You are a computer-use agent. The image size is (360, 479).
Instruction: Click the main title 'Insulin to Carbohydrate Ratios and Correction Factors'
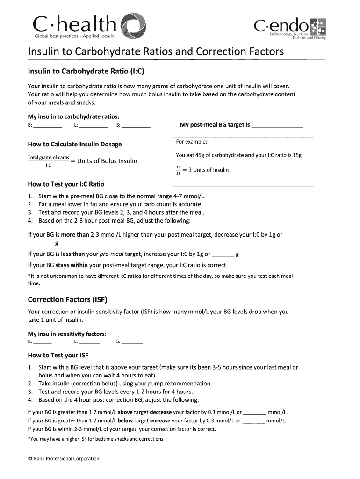click(x=156, y=51)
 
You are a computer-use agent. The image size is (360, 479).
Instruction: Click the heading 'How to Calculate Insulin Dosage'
click(x=75, y=144)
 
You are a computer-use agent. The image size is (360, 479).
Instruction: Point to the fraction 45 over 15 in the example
click(x=178, y=170)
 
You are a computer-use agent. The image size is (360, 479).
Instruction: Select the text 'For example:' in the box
click(x=191, y=142)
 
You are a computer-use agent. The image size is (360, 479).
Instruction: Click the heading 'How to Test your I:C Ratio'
click(x=66, y=184)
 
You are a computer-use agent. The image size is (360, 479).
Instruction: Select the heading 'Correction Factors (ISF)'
click(x=71, y=299)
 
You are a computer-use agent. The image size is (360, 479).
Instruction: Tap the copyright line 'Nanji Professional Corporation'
click(x=64, y=459)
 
